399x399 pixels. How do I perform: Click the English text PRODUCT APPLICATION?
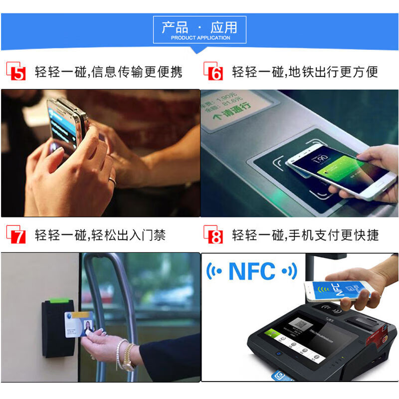200,38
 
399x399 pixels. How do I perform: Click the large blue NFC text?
252,272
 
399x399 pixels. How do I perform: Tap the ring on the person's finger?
112,181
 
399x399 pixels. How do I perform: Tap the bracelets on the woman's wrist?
125,355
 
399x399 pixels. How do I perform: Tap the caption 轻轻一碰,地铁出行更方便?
305,72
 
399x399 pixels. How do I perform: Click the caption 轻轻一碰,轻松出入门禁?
100,235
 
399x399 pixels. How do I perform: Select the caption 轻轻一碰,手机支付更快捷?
305,235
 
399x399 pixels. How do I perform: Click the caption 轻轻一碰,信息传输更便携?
108,72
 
